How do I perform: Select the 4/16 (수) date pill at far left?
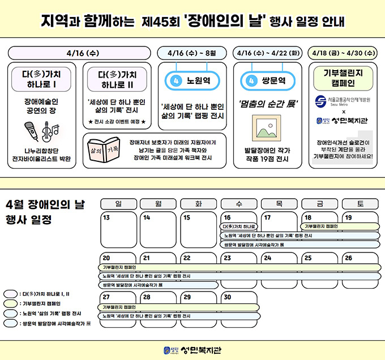coord(82,53)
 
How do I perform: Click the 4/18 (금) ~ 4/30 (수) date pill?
coord(344,53)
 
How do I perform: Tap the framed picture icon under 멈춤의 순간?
coord(266,128)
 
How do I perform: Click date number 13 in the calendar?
coord(106,217)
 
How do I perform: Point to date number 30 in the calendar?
coord(228,296)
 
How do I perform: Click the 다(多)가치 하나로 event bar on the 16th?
coord(238,226)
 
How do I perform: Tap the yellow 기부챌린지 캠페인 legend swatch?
coord(10,303)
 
